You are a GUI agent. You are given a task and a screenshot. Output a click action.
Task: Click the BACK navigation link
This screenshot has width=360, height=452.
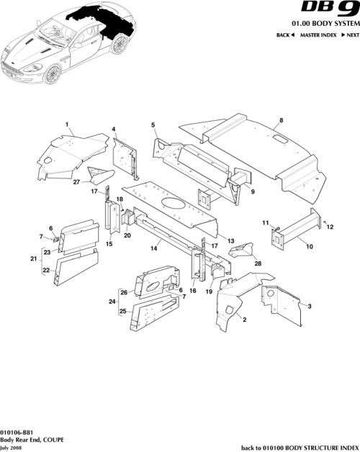tap(286, 35)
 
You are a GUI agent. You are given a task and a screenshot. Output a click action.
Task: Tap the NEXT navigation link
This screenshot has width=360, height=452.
tap(349, 35)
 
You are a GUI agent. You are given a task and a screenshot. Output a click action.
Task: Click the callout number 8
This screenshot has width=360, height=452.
tap(281, 119)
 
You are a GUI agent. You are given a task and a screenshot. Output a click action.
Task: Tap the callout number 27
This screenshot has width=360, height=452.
tap(76, 183)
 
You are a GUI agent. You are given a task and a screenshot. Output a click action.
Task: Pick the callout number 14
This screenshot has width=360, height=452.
tap(153, 248)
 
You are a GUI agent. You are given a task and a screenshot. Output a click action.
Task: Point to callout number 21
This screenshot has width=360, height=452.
tap(33, 258)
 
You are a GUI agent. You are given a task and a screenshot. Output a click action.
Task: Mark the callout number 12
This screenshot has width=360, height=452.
tap(331, 227)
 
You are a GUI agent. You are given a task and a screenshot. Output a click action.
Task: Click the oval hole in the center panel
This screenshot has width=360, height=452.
tap(174, 205)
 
